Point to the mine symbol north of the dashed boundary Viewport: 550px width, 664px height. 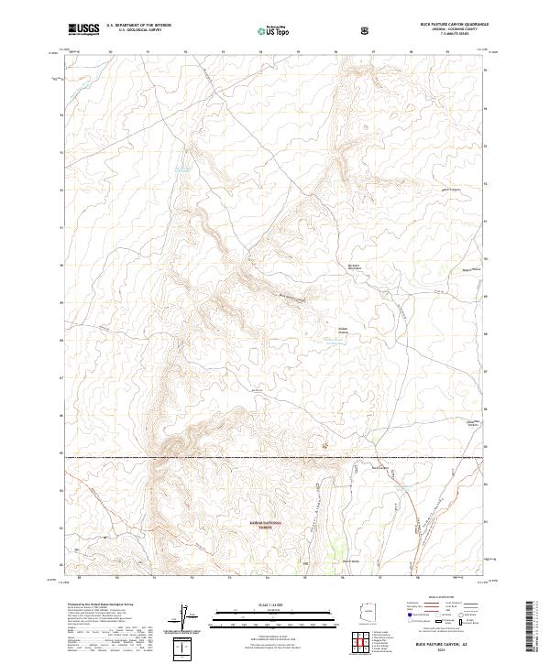coord(323,445)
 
